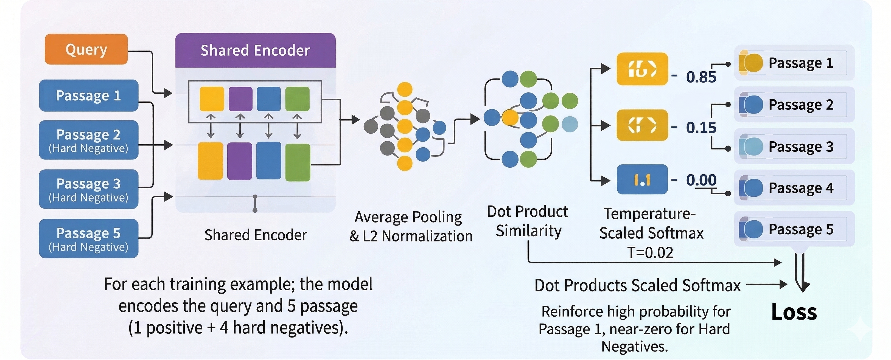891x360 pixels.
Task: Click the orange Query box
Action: click(86, 49)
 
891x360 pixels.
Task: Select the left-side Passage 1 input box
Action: click(89, 95)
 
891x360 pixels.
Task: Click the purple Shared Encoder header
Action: click(255, 50)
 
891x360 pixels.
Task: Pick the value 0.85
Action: click(701, 77)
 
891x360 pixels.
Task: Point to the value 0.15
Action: click(701, 128)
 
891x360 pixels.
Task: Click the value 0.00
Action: click(701, 180)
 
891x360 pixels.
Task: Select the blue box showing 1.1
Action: click(642, 179)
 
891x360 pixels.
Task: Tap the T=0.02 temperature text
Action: click(650, 253)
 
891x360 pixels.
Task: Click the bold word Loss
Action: click(794, 312)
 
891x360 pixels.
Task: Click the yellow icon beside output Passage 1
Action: click(751, 63)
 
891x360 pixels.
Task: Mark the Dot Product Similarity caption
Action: click(528, 221)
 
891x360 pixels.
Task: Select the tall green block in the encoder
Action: click(298, 162)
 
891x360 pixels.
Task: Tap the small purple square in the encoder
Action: click(240, 99)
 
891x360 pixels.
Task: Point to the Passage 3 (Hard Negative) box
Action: click(89, 189)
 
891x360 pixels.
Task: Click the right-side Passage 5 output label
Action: click(801, 229)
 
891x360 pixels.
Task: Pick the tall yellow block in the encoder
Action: click(210, 161)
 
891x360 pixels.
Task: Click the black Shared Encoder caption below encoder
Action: click(256, 235)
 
